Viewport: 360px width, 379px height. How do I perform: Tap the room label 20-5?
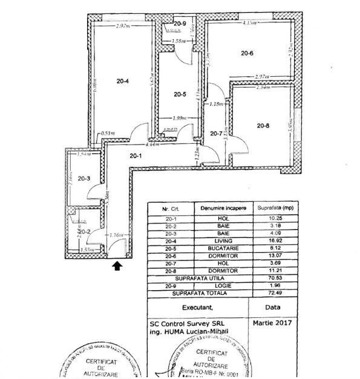click(180, 94)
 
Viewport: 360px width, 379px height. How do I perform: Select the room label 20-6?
click(247, 53)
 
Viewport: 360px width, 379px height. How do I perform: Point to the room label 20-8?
click(262, 126)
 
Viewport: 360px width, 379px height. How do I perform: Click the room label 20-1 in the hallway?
click(136, 157)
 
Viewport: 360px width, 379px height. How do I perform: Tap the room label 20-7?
click(216, 134)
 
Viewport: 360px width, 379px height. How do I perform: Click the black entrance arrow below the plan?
click(117, 264)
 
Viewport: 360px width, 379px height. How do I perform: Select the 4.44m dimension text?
click(151, 145)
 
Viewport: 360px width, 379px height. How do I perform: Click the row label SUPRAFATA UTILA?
click(199, 278)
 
